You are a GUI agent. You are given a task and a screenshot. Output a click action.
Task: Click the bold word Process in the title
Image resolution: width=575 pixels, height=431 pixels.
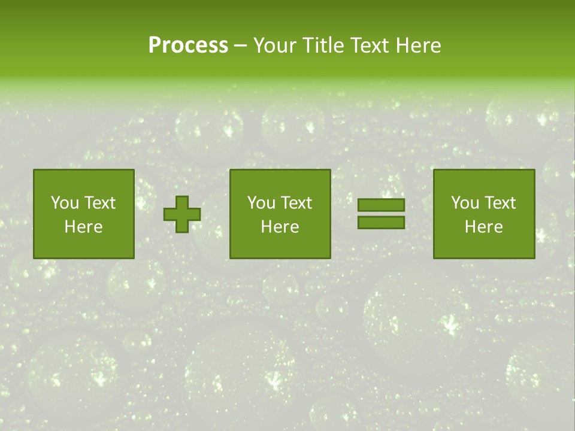188,45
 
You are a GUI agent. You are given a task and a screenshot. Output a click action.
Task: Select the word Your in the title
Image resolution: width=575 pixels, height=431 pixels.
274,45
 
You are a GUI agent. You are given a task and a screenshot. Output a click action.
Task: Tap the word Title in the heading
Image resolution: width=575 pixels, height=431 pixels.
321,45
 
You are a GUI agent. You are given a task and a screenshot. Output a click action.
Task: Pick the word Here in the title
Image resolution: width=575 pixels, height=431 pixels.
419,45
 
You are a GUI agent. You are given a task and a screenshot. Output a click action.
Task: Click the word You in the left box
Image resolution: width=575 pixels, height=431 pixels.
65,203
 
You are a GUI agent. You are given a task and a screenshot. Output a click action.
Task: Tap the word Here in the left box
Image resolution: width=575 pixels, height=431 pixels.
83,227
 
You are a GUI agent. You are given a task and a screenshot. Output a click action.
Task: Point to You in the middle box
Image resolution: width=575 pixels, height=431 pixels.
261,203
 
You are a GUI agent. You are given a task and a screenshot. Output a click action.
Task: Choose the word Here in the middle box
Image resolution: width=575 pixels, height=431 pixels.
280,227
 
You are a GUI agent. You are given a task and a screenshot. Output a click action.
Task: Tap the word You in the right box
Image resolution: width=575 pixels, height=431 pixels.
465,203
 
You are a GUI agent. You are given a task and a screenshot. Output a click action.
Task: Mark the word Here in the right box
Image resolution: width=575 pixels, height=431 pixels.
483,227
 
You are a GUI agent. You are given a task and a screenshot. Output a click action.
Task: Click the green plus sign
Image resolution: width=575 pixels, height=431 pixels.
182,214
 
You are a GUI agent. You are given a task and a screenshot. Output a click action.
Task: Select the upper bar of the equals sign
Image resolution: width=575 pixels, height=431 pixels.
381,205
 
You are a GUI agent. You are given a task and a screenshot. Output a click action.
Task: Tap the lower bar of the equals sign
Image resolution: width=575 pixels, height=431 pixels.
381,223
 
